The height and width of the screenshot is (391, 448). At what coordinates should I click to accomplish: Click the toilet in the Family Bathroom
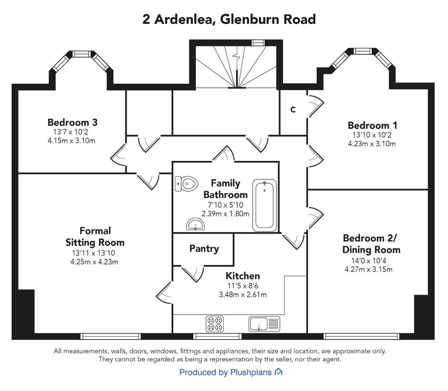pyautogui.click(x=186, y=184)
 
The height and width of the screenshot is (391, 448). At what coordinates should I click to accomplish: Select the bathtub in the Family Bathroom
pyautogui.click(x=265, y=205)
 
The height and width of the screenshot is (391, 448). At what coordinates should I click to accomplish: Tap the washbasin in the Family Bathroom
pyautogui.click(x=196, y=224)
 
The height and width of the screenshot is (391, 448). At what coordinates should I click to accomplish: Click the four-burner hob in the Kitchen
pyautogui.click(x=215, y=324)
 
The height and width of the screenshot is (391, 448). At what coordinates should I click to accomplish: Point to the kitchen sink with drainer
pyautogui.click(x=264, y=324)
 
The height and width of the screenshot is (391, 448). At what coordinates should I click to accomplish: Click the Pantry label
pyautogui.click(x=204, y=249)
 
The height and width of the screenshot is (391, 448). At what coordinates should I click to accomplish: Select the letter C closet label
pyautogui.click(x=293, y=109)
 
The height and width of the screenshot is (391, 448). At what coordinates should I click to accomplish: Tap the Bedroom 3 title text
pyautogui.click(x=72, y=122)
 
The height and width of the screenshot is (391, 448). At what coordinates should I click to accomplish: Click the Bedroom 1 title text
pyautogui.click(x=372, y=125)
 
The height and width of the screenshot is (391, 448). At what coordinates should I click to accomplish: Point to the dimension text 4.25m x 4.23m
pyautogui.click(x=94, y=262)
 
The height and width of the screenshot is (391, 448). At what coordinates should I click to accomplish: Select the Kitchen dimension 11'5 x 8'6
pyautogui.click(x=242, y=286)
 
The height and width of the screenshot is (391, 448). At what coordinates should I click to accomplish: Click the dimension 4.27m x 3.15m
pyautogui.click(x=368, y=269)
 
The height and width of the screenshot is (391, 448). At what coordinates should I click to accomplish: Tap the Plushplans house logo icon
pyautogui.click(x=278, y=372)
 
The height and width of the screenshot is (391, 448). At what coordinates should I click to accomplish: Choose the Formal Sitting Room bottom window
pyautogui.click(x=110, y=336)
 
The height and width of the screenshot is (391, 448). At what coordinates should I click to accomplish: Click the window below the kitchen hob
pyautogui.click(x=217, y=336)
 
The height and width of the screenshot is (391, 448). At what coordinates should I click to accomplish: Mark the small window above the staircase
pyautogui.click(x=258, y=43)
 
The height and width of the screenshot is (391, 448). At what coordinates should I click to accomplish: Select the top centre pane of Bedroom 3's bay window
pyautogui.click(x=82, y=54)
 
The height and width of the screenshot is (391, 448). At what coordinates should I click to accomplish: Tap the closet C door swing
pyautogui.click(x=316, y=106)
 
